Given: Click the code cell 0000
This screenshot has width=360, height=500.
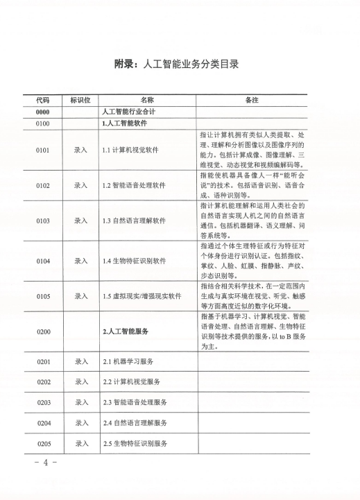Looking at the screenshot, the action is click(x=42, y=112).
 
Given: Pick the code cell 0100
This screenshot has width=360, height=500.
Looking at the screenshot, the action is click(x=42, y=123).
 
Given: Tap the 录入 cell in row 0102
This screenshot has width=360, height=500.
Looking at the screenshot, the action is click(x=80, y=185).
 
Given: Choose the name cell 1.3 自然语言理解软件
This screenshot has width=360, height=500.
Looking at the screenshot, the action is click(x=135, y=221).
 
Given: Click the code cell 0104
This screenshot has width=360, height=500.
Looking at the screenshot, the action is click(x=42, y=261).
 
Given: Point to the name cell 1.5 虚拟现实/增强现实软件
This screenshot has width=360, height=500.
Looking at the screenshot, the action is click(x=141, y=296).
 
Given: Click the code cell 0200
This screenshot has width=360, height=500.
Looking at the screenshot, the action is click(x=42, y=332).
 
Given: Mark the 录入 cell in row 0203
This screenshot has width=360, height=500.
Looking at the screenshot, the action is click(x=80, y=402).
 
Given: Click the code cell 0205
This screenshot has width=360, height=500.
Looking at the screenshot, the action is click(x=42, y=443).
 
